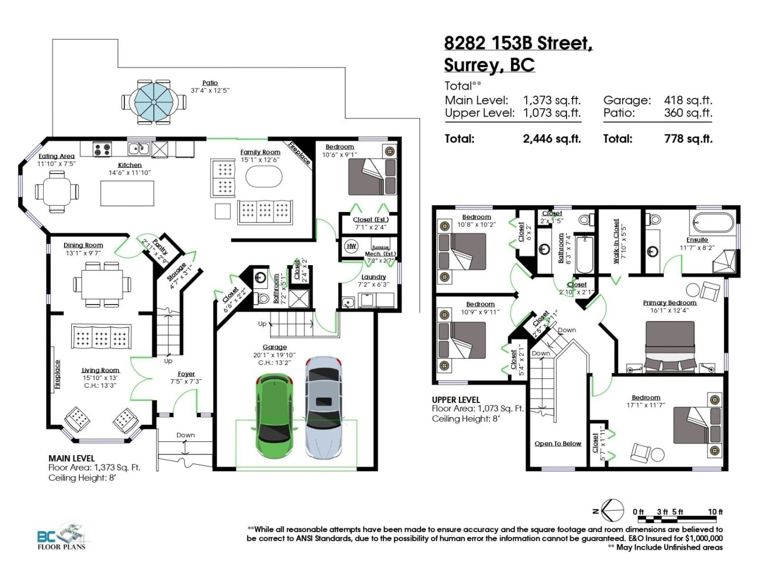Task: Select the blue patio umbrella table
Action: [154, 102]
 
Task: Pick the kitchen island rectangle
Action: [127, 193]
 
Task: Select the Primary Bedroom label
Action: [669, 303]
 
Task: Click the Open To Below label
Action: [558, 444]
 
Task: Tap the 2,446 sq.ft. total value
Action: [552, 139]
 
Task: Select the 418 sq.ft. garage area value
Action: [688, 100]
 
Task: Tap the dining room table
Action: [102, 284]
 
